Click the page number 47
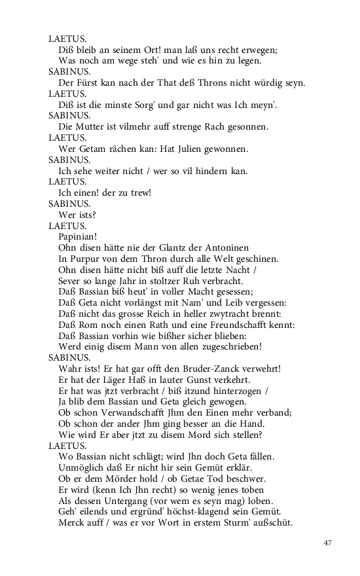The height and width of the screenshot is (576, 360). (x=328, y=543)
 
